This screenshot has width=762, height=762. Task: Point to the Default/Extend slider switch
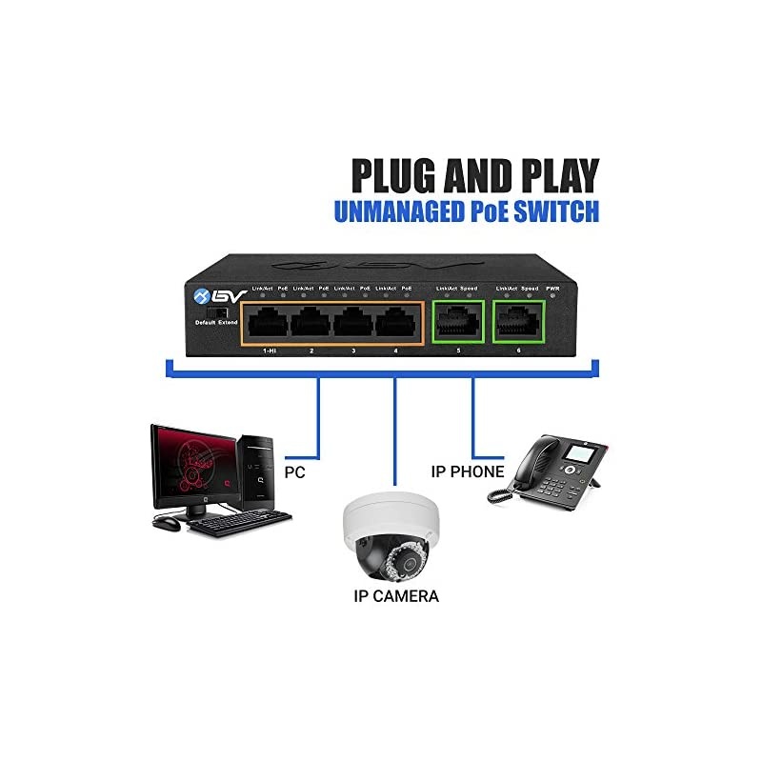click(x=217, y=311)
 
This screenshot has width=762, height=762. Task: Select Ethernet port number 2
click(x=310, y=323)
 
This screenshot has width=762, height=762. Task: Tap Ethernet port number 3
click(x=353, y=323)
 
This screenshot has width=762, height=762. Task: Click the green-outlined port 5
click(x=457, y=323)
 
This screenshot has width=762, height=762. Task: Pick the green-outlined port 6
click(x=518, y=323)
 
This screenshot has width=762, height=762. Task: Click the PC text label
click(x=296, y=471)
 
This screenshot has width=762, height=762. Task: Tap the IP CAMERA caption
click(x=393, y=597)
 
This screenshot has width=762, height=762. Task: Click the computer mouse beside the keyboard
click(x=166, y=523)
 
